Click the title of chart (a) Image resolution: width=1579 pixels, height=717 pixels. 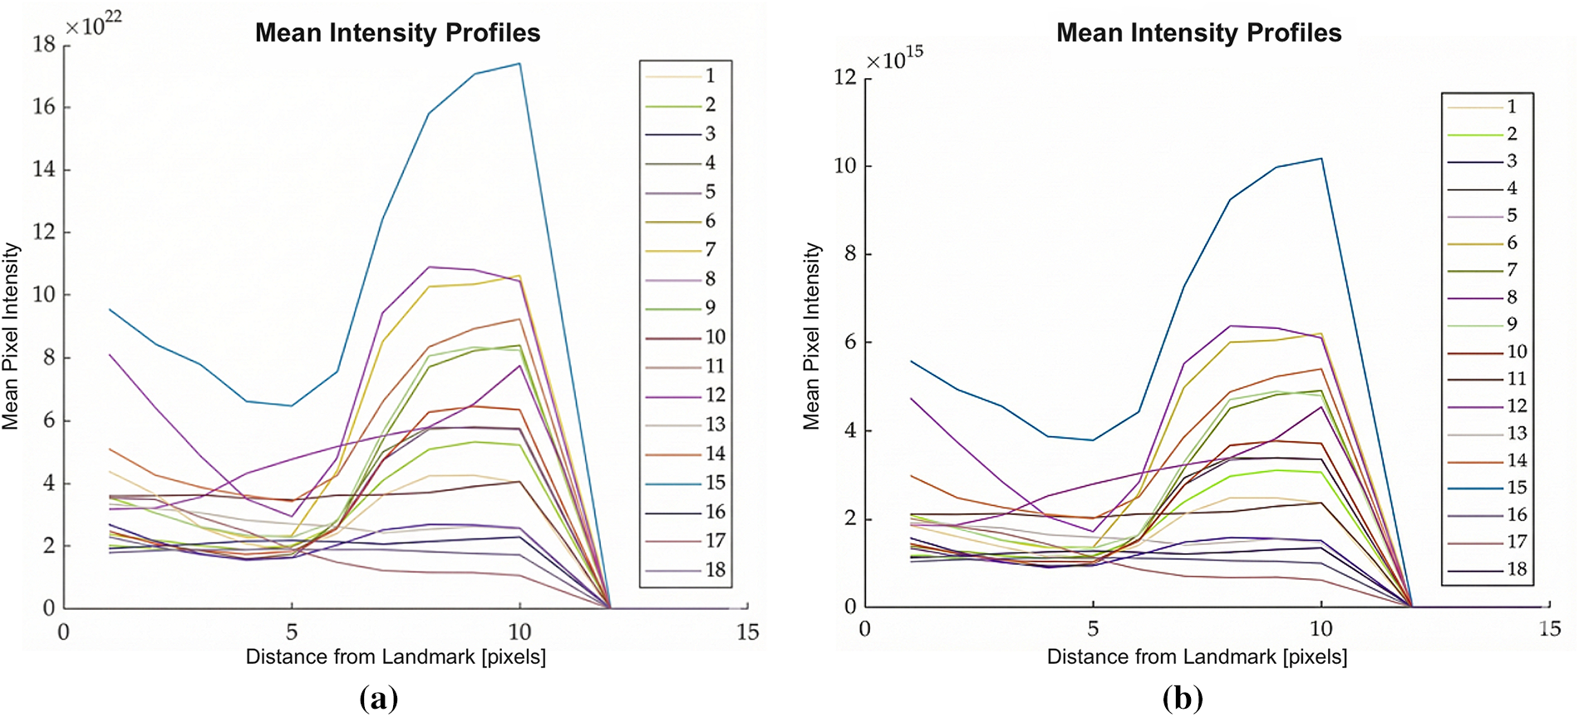(x=397, y=33)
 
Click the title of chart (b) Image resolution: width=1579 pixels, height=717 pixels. (x=1198, y=33)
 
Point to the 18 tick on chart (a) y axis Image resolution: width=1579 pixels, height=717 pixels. (x=44, y=45)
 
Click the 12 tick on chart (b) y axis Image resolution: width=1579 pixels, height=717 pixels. (x=844, y=77)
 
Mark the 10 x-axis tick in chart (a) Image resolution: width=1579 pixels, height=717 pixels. (x=519, y=632)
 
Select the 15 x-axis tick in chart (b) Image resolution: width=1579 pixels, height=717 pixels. (x=1549, y=629)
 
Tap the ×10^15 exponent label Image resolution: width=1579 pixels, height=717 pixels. (x=894, y=59)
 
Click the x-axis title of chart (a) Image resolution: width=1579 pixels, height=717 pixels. (x=396, y=657)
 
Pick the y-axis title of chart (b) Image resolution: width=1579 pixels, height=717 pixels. (x=812, y=336)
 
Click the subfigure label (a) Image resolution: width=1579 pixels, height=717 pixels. (x=379, y=699)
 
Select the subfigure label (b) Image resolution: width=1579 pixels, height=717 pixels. (x=1182, y=699)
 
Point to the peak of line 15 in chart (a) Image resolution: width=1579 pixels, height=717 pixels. (x=519, y=63)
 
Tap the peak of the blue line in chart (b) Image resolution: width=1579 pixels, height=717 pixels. (x=1321, y=159)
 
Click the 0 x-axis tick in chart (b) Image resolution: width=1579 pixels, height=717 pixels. (x=865, y=629)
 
